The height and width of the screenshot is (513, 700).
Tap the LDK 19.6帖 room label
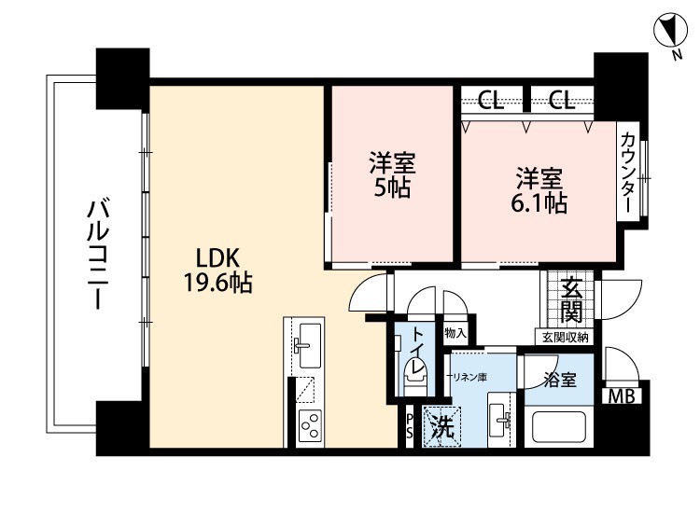click(218, 270)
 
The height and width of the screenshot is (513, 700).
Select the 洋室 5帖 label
click(392, 175)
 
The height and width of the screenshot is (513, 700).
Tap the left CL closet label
click(491, 101)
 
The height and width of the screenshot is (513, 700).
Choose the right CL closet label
click(562, 101)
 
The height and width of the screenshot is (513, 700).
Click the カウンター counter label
click(628, 173)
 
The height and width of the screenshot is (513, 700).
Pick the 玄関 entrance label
click(571, 298)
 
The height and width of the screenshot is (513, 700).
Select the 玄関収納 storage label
click(565, 338)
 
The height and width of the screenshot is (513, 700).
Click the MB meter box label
click(622, 396)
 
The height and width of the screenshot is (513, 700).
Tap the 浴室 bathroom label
click(560, 380)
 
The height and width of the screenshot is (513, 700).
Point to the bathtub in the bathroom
click(558, 427)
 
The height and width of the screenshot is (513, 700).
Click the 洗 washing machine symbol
click(441, 426)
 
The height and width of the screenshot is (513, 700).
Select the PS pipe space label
click(410, 425)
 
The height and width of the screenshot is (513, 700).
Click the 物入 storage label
click(455, 333)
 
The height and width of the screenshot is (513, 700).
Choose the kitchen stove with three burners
click(310, 427)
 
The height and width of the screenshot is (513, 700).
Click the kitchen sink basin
click(309, 346)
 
